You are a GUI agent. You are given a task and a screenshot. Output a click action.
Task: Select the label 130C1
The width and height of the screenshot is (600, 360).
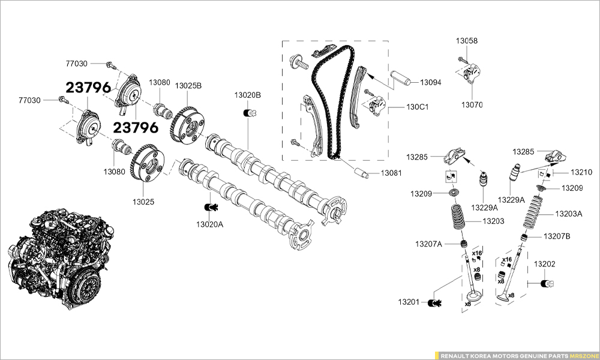(417, 107)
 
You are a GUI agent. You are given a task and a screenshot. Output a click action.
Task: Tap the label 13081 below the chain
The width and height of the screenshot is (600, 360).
(392, 173)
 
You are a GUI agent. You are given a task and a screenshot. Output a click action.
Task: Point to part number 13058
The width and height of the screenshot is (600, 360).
(467, 41)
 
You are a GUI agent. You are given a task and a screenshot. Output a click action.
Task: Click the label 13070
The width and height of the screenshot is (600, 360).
(472, 104)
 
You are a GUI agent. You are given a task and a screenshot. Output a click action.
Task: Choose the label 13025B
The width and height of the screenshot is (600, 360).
(188, 86)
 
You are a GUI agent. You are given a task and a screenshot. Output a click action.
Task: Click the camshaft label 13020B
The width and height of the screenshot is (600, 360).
(248, 95)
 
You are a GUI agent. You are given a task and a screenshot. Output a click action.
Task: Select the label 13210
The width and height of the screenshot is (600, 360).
(581, 172)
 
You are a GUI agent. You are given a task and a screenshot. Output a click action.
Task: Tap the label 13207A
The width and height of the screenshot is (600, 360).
(428, 244)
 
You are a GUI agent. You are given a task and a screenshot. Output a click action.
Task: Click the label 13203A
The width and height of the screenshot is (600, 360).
(568, 213)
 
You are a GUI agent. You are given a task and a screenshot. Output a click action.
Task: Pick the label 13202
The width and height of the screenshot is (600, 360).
(544, 263)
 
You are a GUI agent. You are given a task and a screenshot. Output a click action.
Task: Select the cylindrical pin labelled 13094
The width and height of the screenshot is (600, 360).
(400, 78)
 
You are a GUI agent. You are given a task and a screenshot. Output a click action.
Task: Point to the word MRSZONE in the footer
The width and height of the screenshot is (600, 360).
(584, 355)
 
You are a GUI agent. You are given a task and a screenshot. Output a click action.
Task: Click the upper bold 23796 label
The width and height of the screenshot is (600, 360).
(88, 88)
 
